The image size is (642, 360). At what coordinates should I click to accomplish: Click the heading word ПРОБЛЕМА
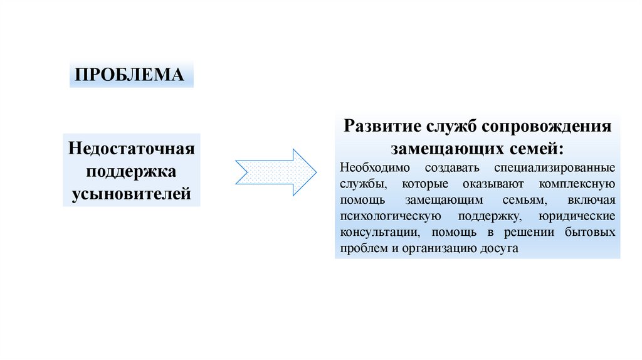pyautogui.click(x=130, y=75)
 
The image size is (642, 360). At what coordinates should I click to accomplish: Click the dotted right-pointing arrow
pyautogui.click(x=275, y=172)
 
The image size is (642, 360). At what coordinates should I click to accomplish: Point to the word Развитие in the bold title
pyautogui.click(x=378, y=126)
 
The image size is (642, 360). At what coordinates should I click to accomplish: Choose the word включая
pyautogui.click(x=592, y=201)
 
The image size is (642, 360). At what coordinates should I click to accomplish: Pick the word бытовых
pyautogui.click(x=593, y=232)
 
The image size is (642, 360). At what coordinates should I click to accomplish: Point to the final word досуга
pyautogui.click(x=501, y=248)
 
